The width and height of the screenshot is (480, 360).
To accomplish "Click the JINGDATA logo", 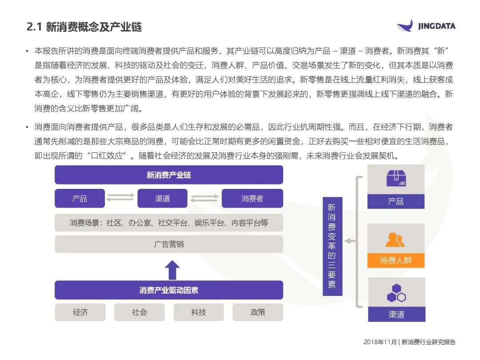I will [x=426, y=26].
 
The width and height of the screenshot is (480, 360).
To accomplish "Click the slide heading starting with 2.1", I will [x=84, y=27].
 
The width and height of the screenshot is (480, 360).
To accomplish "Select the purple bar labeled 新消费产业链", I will [x=169, y=175].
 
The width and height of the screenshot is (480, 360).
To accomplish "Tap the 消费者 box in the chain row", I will [x=252, y=198].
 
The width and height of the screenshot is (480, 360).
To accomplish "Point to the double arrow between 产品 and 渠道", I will [x=120, y=198].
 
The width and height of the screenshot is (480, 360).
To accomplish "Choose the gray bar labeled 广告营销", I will [x=169, y=244].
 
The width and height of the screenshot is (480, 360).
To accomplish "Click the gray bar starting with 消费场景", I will [x=169, y=223].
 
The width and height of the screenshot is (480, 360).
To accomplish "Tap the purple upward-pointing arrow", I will [x=172, y=270].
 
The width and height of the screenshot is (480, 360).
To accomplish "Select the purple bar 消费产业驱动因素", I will [x=169, y=290].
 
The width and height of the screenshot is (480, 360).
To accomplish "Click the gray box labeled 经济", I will [x=80, y=312].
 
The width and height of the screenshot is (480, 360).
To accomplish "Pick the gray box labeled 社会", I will [x=140, y=312].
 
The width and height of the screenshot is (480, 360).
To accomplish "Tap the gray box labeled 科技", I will [x=199, y=312].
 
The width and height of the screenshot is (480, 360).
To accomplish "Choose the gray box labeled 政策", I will [x=258, y=312].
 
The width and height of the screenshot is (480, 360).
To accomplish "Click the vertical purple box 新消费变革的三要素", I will [x=332, y=246].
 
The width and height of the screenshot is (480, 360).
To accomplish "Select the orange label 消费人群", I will [x=396, y=260].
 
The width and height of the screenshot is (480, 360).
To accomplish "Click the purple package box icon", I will [x=396, y=178].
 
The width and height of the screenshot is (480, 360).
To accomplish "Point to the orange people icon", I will [x=395, y=240].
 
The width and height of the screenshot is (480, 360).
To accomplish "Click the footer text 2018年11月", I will [x=380, y=342].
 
